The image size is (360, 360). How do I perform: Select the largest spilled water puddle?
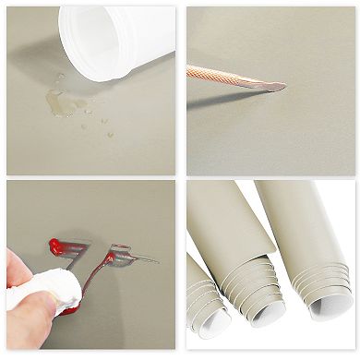[x=59, y=102]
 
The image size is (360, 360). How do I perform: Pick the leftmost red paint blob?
[x=57, y=246]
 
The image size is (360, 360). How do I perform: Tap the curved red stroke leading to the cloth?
[x=88, y=282]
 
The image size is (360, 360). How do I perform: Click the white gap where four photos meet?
[x=180, y=179]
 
